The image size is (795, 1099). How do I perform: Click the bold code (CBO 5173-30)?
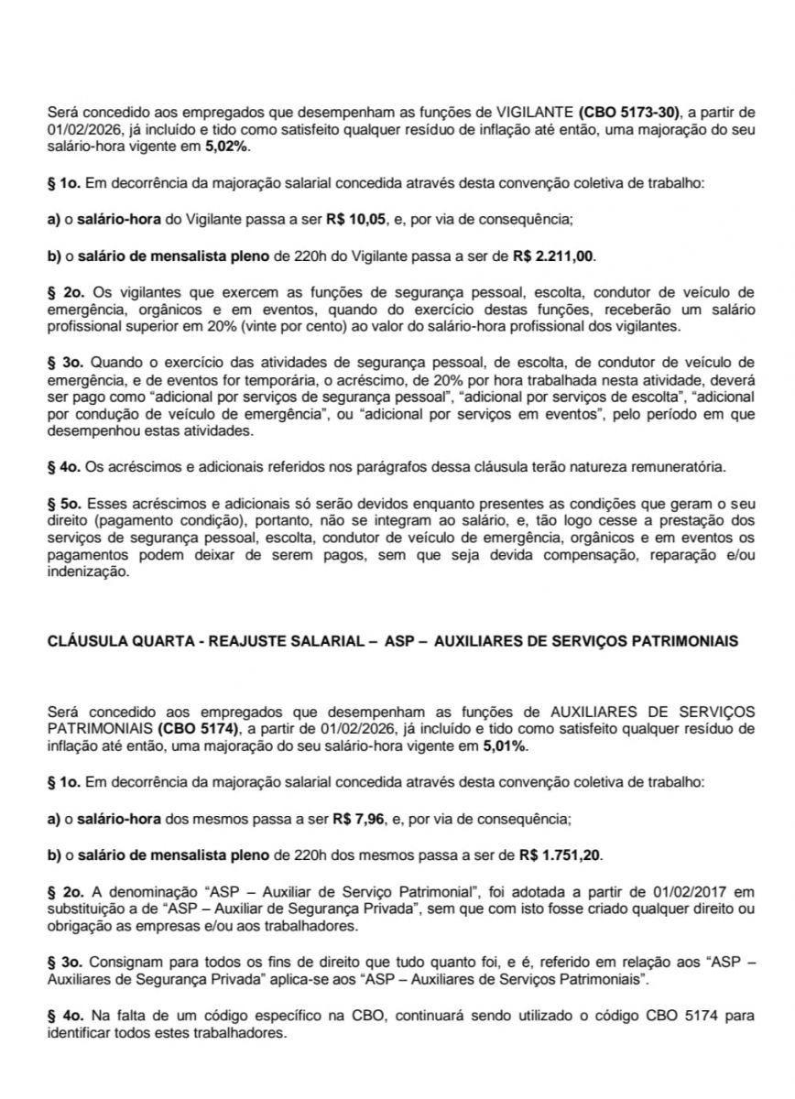629,112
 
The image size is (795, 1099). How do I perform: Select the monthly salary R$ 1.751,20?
561,856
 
